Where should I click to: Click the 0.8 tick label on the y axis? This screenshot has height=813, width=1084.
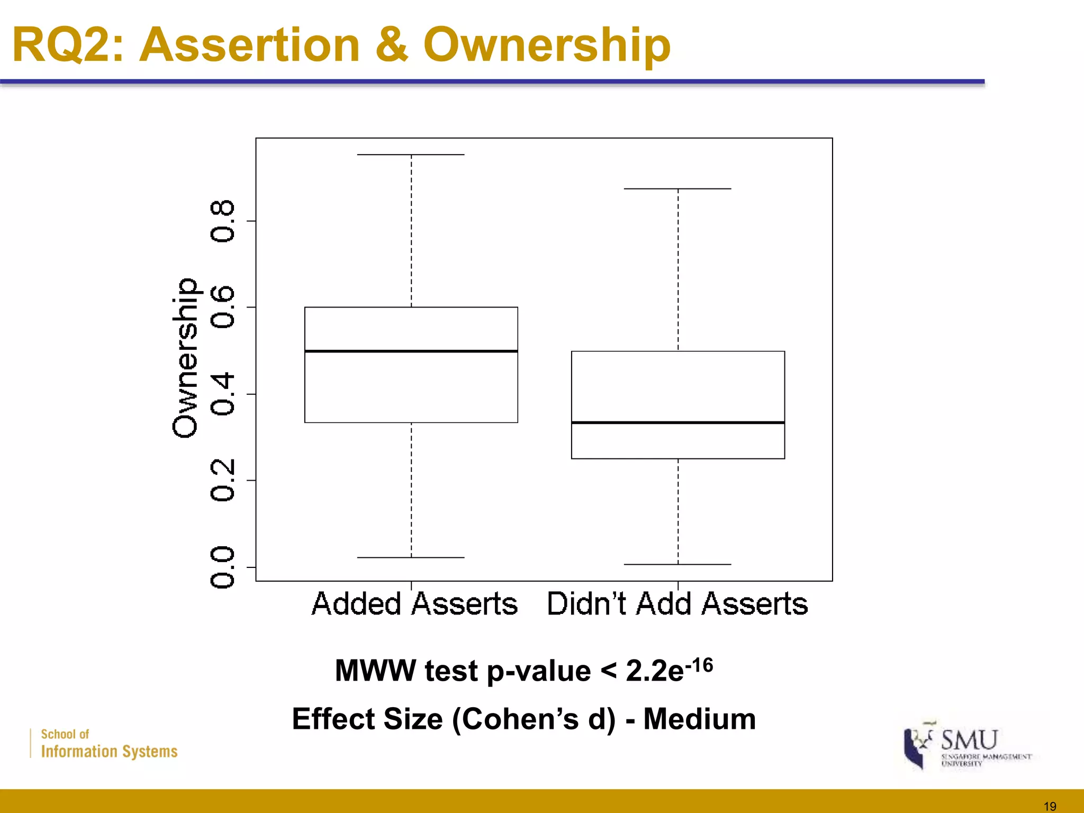pos(222,221)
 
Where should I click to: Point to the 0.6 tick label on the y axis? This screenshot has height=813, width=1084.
pos(222,307)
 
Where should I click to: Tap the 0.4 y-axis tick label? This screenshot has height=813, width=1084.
pos(222,394)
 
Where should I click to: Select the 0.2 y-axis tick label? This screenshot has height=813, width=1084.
pos(222,480)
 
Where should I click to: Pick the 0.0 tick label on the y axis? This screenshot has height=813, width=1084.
pos(222,567)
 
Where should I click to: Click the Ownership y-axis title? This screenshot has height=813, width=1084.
pos(185,358)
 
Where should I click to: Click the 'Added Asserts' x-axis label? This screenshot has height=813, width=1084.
pos(414,604)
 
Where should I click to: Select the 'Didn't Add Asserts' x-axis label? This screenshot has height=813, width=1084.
pos(677,604)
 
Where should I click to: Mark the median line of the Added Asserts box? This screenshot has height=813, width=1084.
pos(411,351)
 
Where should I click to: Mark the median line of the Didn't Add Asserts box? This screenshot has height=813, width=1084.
pos(678,422)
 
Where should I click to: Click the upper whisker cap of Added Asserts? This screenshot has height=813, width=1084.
pos(411,155)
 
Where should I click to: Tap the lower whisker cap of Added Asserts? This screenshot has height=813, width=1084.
pos(411,557)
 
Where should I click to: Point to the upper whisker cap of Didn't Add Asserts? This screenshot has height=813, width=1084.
pos(678,188)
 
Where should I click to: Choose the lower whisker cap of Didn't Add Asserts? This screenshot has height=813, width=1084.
pos(678,564)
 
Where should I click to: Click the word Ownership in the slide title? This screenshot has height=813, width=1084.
pos(547,46)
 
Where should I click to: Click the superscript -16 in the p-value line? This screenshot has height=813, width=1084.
pos(699,664)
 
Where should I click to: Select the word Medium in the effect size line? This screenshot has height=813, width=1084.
pos(700,719)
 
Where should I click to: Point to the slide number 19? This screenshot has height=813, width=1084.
pos(1050,806)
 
